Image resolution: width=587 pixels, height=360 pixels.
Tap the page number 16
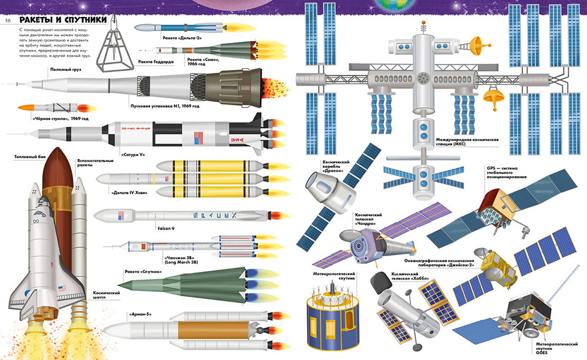click(x=9, y=21)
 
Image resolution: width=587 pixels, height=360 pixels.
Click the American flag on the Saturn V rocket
click(x=198, y=139)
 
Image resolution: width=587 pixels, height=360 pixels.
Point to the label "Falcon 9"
click(x=166, y=228)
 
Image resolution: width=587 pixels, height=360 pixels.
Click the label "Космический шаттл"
click(x=106, y=295)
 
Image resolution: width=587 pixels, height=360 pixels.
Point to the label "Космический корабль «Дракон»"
click(x=337, y=166)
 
